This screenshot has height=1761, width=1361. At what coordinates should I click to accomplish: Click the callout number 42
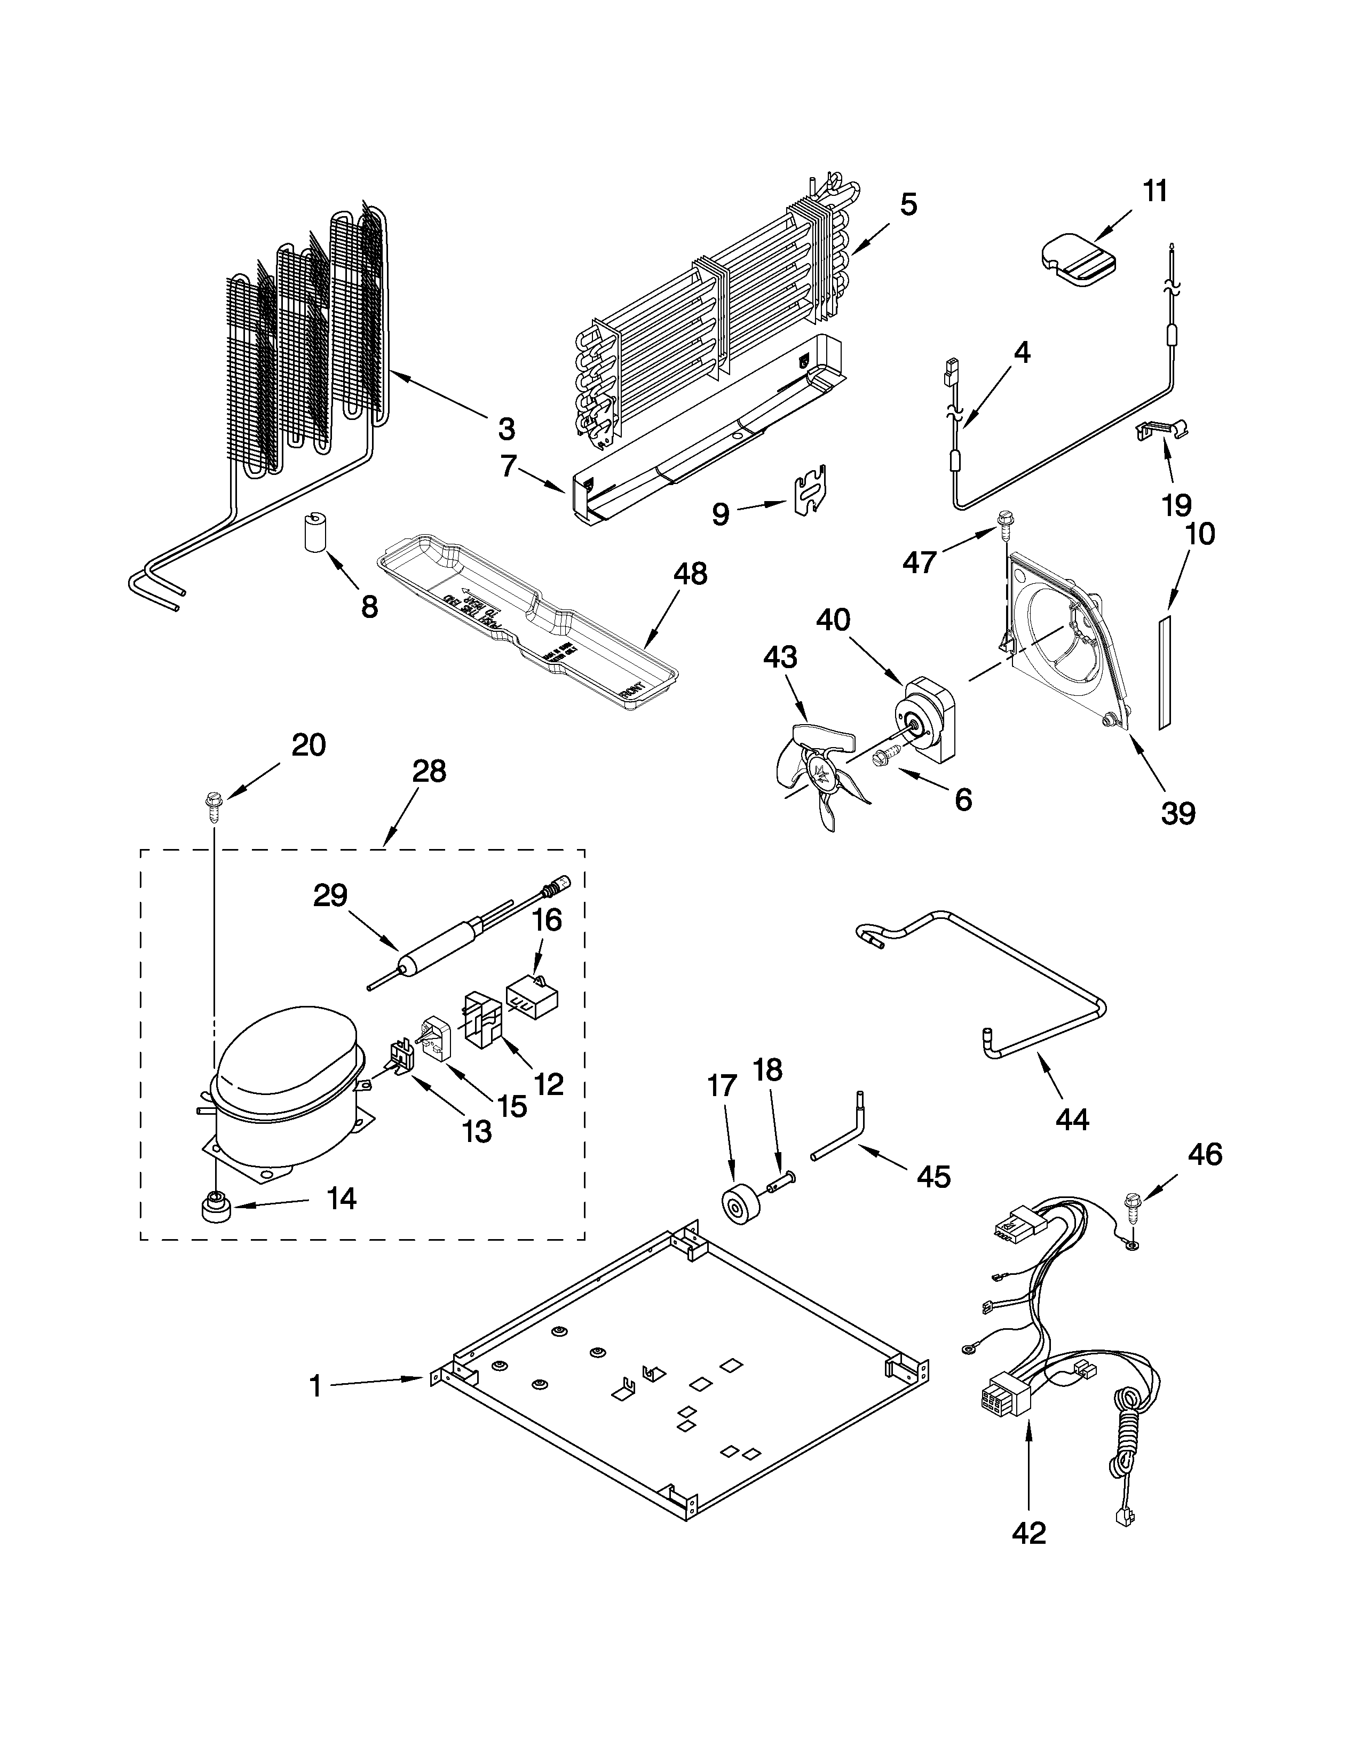(x=1029, y=1533)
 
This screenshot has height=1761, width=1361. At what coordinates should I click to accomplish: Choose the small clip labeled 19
(x=1162, y=432)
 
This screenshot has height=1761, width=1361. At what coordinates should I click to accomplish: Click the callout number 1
(x=315, y=1386)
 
